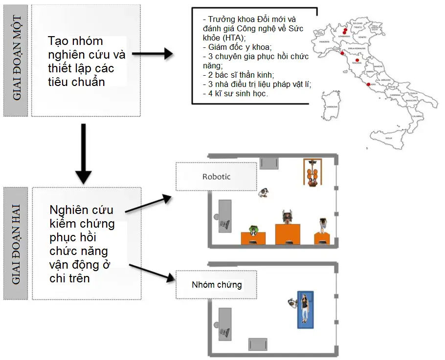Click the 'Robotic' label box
(216, 176)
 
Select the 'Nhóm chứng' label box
(216, 285)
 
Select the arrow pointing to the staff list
(153, 54)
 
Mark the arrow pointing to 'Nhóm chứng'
(152, 272)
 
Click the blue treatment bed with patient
(305, 310)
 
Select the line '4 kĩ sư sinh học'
(235, 93)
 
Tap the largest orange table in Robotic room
(287, 233)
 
